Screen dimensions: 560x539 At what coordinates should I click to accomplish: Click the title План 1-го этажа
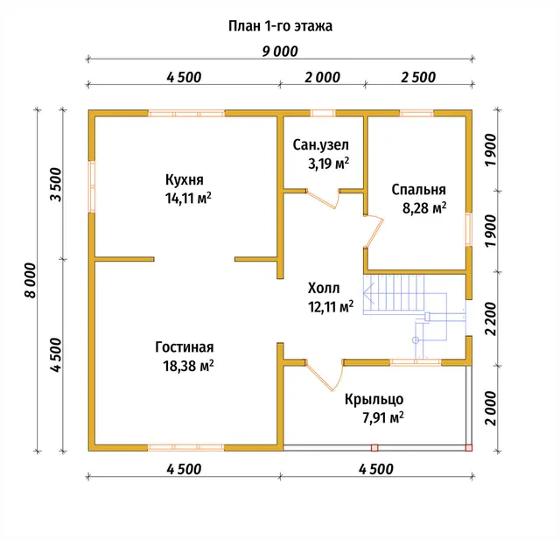click(280, 26)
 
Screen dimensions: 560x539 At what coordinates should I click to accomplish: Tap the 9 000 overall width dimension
click(280, 52)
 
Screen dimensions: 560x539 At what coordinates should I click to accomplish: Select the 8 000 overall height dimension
click(31, 280)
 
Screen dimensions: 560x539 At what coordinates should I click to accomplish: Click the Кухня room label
click(185, 179)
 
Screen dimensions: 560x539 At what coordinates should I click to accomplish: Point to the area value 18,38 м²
click(189, 366)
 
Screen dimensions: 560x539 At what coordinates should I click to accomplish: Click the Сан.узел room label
click(321, 145)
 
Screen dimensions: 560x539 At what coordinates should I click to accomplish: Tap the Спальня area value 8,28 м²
click(424, 208)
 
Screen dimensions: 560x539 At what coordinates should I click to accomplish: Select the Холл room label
click(324, 288)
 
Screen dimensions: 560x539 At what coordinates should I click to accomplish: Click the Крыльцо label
click(374, 399)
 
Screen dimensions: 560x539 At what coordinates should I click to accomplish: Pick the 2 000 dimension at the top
click(322, 78)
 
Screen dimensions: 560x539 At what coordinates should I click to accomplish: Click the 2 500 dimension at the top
click(418, 78)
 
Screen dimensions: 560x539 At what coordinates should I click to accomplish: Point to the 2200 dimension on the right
click(491, 319)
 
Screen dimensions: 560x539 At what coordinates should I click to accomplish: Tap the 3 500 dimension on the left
click(56, 185)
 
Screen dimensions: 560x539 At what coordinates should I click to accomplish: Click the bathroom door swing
click(323, 199)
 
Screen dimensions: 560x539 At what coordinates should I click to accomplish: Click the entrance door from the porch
click(325, 375)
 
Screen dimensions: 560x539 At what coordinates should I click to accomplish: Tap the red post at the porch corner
click(469, 447)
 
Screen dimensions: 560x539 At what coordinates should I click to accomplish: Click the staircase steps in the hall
click(394, 294)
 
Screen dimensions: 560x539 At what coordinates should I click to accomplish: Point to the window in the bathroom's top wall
click(323, 114)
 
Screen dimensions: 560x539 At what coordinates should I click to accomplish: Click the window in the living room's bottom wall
click(185, 447)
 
